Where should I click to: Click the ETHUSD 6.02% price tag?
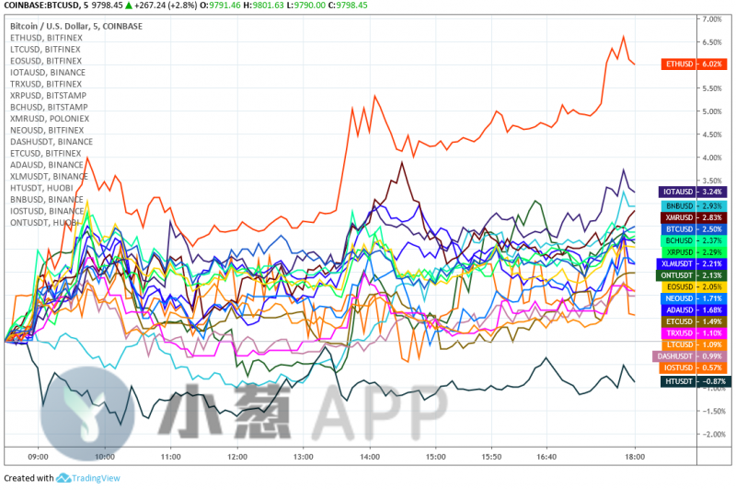pos(693,64)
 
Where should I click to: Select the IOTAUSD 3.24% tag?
pos(693,192)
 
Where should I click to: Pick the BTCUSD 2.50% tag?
pos(693,228)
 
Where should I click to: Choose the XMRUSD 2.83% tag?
pos(693,216)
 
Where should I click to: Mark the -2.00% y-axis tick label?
pos(710,434)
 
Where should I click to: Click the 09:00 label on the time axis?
pos(39,456)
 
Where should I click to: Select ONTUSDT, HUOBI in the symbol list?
pos(45,222)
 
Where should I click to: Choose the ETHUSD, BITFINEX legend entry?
pos(46,38)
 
